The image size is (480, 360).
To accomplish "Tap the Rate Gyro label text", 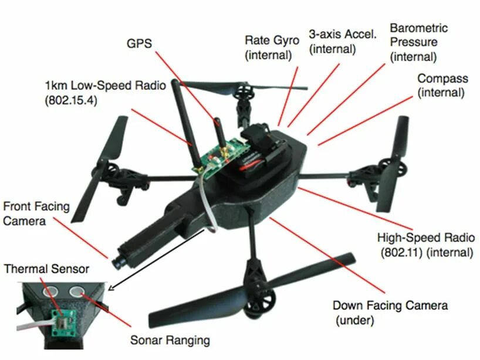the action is [272, 47].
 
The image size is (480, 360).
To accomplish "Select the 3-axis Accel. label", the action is [342, 41].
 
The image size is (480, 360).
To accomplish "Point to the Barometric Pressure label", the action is [418, 42].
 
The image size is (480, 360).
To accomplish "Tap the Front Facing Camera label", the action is [36, 214].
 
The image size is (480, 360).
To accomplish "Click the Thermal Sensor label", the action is [47, 269].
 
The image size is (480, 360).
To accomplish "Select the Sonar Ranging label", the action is [170, 339].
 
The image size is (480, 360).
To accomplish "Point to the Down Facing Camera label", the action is [390, 312].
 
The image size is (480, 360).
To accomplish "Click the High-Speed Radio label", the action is [425, 245].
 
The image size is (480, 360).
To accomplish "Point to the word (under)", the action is [355, 320].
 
